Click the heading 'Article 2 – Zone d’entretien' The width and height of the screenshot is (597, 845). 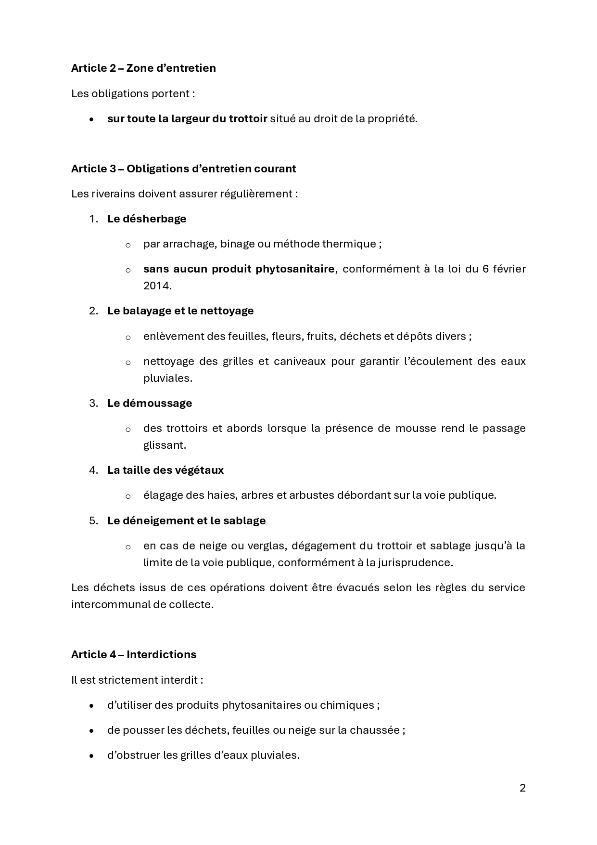[143, 68]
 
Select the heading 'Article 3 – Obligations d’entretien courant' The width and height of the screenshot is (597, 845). [183, 169]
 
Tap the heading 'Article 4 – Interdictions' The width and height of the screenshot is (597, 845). [134, 654]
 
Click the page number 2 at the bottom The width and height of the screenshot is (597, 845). [522, 788]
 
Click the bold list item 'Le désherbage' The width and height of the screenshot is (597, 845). [147, 219]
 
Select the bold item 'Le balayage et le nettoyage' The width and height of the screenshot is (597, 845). [180, 311]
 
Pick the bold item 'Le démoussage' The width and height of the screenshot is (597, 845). [150, 403]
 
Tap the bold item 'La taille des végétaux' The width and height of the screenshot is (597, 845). [165, 470]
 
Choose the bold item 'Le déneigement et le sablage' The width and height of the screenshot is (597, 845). [186, 520]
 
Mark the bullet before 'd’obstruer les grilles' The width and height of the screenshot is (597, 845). [92, 755]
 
